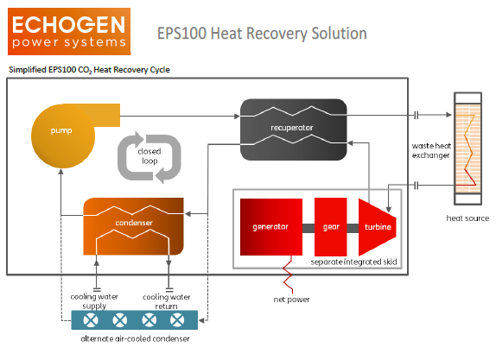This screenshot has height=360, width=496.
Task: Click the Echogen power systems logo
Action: (x=69, y=31)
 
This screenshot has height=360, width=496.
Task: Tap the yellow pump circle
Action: (x=63, y=136)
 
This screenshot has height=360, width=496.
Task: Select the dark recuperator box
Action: (x=294, y=129)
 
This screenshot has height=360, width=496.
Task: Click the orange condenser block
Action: (x=133, y=226)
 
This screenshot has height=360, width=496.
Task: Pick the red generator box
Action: (x=271, y=227)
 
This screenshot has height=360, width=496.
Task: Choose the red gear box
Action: (x=331, y=227)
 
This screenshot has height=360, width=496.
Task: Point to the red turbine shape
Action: (x=378, y=227)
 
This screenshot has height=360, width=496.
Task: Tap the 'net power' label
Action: (x=291, y=300)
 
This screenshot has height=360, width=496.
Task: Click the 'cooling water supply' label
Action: (x=94, y=301)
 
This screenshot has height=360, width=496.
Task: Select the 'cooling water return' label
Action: (x=167, y=301)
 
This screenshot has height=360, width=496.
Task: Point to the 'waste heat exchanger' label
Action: (x=431, y=150)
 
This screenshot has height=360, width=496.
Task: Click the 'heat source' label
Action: (x=467, y=218)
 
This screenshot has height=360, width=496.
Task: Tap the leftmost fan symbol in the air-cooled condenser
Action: (x=91, y=320)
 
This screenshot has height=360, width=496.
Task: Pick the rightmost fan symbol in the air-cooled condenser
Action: (x=177, y=320)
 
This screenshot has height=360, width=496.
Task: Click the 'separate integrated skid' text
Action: (x=353, y=262)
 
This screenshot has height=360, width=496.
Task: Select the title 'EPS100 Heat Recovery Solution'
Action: (x=262, y=33)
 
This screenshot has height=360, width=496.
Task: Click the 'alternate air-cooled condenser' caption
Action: (x=135, y=338)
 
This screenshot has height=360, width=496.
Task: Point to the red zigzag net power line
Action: (x=288, y=275)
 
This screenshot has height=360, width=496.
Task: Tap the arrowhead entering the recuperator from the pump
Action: (x=237, y=116)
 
